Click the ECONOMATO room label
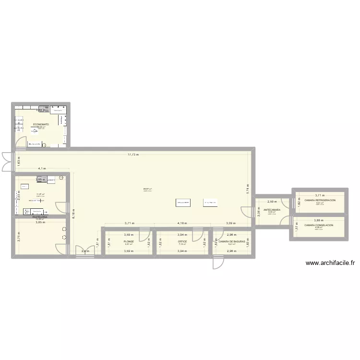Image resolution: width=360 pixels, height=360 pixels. (x=41, y=124)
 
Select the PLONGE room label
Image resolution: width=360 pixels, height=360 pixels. (x=129, y=241)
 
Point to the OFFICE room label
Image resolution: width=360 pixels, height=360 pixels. (x=182, y=241)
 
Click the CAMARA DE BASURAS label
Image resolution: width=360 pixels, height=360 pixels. (x=232, y=241)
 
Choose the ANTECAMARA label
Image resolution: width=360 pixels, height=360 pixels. (x=272, y=210)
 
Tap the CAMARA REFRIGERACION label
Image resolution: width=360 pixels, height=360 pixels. (x=320, y=200)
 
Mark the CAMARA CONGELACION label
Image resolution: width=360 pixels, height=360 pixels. (x=318, y=225)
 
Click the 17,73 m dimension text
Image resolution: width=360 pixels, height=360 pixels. (x=133, y=155)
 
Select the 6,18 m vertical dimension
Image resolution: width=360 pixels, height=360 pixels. (x=73, y=214)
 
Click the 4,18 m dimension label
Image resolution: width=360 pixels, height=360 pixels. (x=182, y=224)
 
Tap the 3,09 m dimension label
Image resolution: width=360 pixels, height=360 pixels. (x=231, y=224)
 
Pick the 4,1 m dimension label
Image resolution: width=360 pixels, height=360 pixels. (x=42, y=168)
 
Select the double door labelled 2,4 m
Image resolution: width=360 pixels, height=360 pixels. (x=84, y=251)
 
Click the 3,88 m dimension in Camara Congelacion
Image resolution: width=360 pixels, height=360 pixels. (x=319, y=220)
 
